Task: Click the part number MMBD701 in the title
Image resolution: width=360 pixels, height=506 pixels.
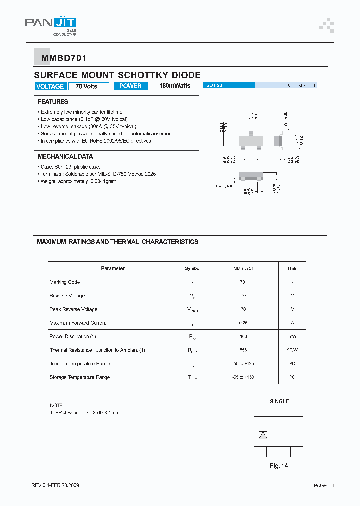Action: click(x=60, y=58)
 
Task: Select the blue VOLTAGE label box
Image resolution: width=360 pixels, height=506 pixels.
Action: click(x=50, y=86)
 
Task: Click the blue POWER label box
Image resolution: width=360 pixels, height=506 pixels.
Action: click(x=131, y=86)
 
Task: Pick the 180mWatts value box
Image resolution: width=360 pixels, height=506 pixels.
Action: click(x=175, y=86)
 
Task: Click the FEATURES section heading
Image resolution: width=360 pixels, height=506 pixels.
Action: click(x=53, y=102)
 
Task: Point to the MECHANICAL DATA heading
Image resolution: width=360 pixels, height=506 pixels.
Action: click(x=65, y=156)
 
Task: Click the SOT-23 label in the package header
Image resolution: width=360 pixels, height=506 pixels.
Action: click(x=214, y=86)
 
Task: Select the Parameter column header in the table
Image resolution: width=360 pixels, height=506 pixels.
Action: click(x=113, y=268)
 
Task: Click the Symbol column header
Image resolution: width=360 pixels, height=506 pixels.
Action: click(x=192, y=268)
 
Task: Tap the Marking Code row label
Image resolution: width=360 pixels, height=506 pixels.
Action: click(x=65, y=282)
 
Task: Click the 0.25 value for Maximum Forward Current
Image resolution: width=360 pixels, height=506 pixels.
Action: click(x=243, y=323)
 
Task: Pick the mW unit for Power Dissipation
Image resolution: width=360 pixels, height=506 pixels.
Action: click(x=292, y=337)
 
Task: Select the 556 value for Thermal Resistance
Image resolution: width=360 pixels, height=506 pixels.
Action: click(x=243, y=350)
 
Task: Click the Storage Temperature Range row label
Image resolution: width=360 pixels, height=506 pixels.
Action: click(x=80, y=377)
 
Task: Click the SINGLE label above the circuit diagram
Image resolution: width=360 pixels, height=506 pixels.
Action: click(x=279, y=401)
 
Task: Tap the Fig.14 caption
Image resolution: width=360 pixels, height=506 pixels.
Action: click(x=279, y=466)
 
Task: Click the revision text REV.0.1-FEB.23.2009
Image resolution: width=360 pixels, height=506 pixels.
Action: click(x=55, y=485)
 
